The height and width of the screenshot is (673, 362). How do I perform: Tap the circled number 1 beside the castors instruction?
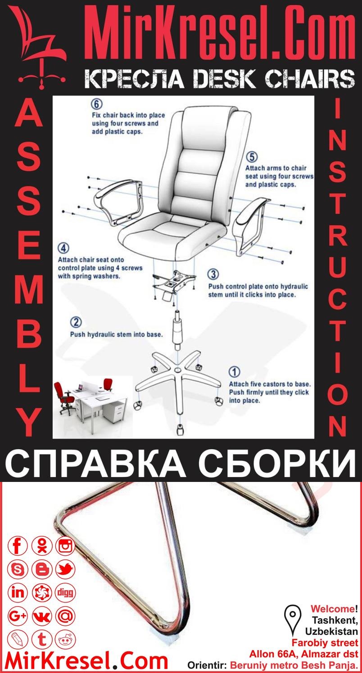235,372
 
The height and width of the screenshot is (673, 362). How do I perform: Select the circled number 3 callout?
213,274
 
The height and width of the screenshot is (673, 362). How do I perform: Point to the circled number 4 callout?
64,248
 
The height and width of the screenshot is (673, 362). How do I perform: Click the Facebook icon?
18,546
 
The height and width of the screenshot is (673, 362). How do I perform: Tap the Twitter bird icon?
66,570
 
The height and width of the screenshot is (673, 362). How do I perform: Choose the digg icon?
66,593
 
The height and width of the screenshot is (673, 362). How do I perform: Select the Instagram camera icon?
66,546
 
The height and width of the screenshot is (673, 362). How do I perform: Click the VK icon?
42,616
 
